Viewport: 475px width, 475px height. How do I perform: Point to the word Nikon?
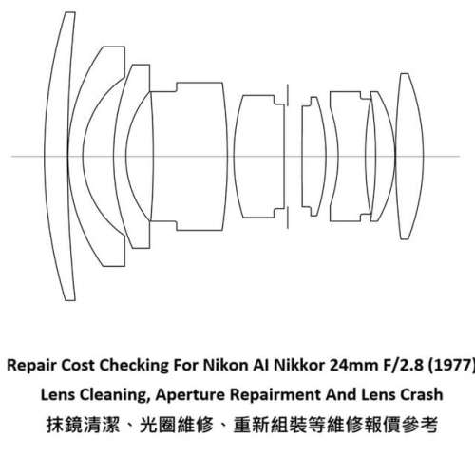coord(232,363)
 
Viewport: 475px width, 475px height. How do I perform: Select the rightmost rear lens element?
coord(408,153)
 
